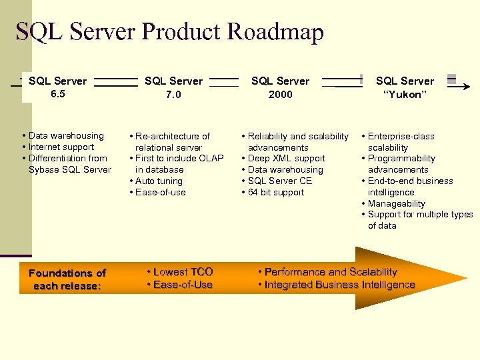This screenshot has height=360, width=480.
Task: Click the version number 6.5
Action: pos(58,94)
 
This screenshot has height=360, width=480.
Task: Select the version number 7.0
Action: pos(173,95)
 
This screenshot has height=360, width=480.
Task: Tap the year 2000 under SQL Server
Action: pos(280,95)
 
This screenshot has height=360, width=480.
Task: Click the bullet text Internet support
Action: pos(61,147)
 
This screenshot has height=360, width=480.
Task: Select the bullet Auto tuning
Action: pos(159,181)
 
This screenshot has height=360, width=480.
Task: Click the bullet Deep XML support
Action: pos(287,159)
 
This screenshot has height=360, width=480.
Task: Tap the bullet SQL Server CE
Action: pos(280,181)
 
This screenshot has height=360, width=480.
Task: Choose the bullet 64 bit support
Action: pos(276,193)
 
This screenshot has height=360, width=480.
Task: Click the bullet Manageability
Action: pos(397,203)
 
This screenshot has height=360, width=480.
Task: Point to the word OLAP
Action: pos(211,159)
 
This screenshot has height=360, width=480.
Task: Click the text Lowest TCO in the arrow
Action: pos(183,272)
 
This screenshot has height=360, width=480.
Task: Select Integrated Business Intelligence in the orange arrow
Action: pos(339,285)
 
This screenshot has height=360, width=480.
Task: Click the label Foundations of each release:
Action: pos(67,279)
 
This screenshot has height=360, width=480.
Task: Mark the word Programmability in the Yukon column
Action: pos(401,159)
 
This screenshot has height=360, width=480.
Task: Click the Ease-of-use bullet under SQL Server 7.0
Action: pos(161,193)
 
